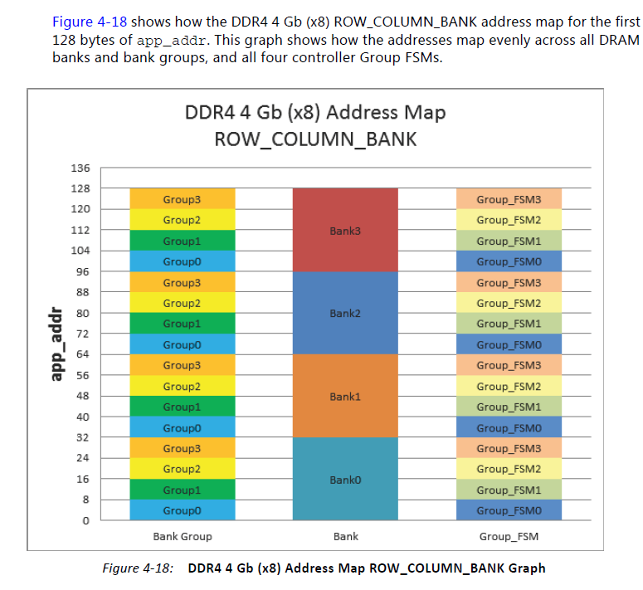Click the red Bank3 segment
[345, 230]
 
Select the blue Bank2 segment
[345, 314]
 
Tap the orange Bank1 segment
[345, 397]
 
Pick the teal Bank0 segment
[345, 480]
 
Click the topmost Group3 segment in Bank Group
[182, 200]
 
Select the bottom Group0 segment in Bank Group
[182, 510]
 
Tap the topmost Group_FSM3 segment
[509, 200]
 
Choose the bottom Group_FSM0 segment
[509, 510]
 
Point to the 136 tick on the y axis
[80, 168]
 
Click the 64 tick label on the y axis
[84, 354]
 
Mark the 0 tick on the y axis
[86, 521]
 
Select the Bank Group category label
[182, 536]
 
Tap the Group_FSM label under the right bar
[509, 536]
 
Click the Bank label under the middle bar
[345, 536]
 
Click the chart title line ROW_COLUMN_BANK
[315, 139]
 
